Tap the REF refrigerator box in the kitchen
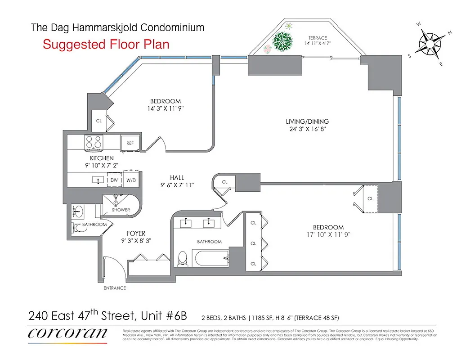130,143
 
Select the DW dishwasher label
114,180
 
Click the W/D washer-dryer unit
131,180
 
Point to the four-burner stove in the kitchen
94,143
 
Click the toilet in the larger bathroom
183,258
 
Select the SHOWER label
121,210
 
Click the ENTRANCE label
115,288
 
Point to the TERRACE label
318,38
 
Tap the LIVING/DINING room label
307,121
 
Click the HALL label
177,178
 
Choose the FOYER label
135,234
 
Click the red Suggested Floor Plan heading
106,45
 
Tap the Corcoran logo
67,333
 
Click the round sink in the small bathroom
77,210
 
